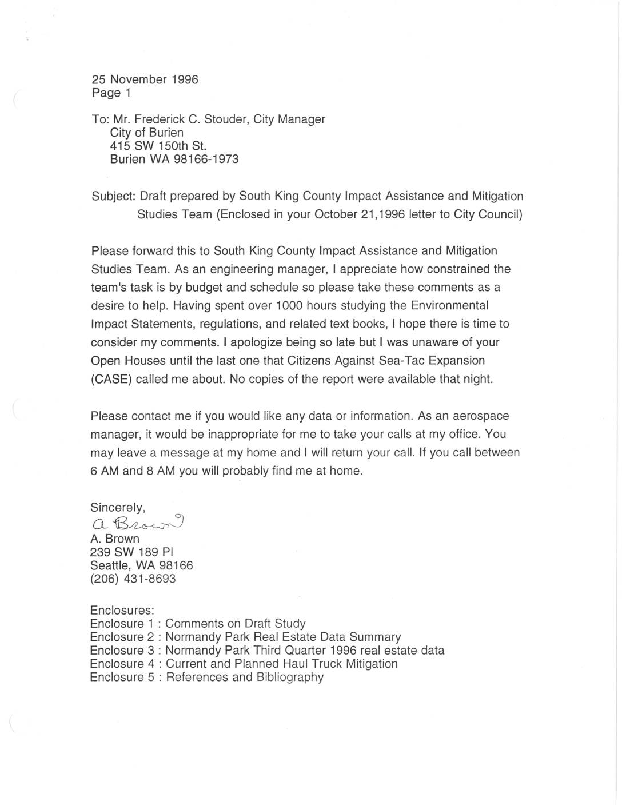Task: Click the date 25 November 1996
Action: tap(145, 79)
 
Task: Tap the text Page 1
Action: tap(111, 93)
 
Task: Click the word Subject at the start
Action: tap(113, 196)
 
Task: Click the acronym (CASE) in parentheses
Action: tap(111, 379)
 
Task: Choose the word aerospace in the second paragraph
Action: tap(476, 416)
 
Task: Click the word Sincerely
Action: tap(118, 507)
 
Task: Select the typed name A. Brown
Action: tap(115, 539)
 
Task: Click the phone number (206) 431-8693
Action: tap(133, 579)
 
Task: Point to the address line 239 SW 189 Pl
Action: tap(132, 552)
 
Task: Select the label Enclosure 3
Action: tap(122, 650)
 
